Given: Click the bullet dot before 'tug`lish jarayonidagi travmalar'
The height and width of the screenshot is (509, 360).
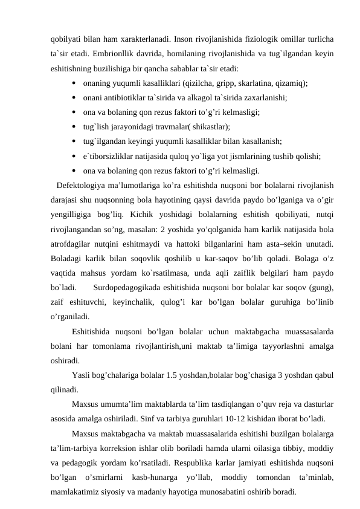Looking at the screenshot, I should (x=73, y=127).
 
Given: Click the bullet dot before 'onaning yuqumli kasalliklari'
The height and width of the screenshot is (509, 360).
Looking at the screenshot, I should (x=73, y=83).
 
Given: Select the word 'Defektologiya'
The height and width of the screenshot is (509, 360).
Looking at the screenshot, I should (x=79, y=185).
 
